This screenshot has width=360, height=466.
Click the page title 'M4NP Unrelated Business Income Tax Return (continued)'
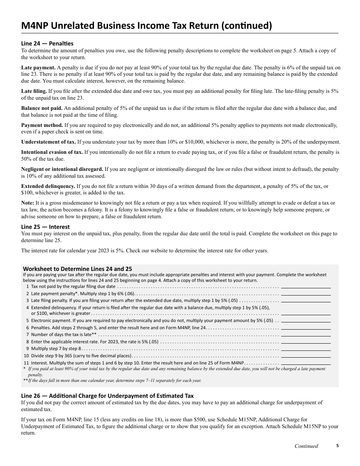[146, 26]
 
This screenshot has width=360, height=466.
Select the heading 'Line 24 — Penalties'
[47, 43]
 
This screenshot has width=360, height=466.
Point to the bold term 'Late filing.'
[34, 91]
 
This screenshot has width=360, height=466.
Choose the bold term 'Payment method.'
[42, 125]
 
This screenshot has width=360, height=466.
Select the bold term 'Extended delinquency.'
[48, 186]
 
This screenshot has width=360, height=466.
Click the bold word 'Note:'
[28, 203]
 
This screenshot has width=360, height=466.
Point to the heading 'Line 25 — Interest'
[45, 227]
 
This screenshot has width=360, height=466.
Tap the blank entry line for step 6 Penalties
[306, 327]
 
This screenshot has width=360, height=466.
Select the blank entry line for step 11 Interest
[306, 363]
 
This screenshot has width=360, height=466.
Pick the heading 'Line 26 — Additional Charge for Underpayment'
[107, 396]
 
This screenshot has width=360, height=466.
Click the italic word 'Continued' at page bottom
[306, 446]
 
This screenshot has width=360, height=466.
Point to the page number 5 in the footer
[337, 446]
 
